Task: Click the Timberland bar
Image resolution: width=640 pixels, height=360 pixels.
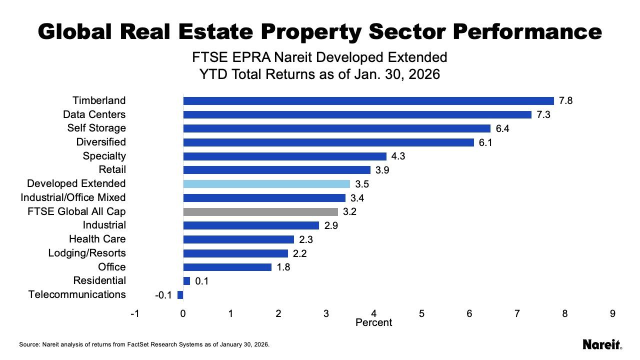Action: [368, 100]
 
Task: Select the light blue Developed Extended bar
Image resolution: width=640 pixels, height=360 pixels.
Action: [266, 183]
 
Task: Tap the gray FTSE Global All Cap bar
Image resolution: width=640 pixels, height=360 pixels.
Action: [260, 211]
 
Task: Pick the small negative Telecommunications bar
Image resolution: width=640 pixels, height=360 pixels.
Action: [180, 295]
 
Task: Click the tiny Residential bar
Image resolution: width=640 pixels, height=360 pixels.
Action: [186, 281]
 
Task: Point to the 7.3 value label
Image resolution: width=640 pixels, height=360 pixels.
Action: [543, 115]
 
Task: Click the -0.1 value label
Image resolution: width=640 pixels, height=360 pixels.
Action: [163, 295]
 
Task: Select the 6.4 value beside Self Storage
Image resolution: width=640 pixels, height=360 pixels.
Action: [502, 129]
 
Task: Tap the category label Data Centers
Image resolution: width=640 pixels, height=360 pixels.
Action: [94, 114]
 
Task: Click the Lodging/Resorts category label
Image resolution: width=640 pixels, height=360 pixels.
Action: [87, 253]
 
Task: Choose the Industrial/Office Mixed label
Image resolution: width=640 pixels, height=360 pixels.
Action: [73, 197]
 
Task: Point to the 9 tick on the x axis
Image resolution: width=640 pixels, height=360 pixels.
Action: [612, 313]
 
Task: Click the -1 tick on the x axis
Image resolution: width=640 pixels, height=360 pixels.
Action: [134, 313]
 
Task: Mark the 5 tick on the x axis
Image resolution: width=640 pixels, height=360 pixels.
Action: [421, 313]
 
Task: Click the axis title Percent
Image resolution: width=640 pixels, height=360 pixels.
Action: [373, 322]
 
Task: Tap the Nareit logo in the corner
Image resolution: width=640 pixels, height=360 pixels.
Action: [602, 344]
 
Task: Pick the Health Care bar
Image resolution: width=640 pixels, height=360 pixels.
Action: [238, 239]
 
